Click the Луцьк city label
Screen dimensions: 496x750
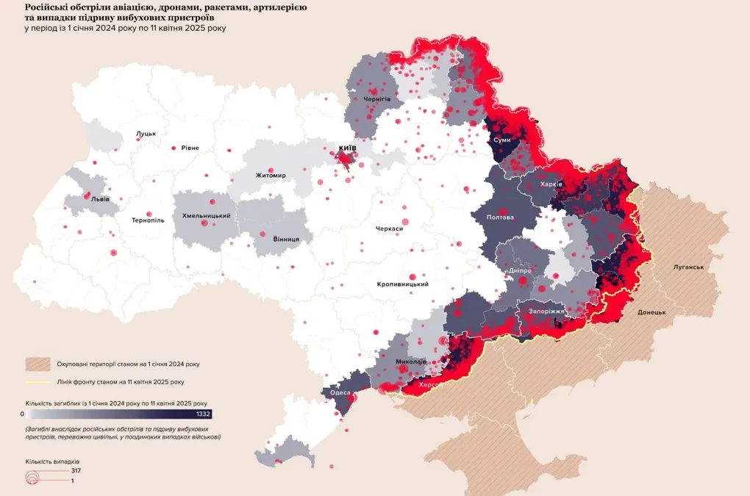click(x=146, y=134)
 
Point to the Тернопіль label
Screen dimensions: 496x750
click(x=148, y=220)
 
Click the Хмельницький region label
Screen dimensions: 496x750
click(x=207, y=216)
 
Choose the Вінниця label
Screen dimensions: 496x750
click(x=286, y=240)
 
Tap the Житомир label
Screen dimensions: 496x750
click(x=271, y=176)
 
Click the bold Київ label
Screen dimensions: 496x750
click(x=347, y=148)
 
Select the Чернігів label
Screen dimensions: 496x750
click(x=376, y=98)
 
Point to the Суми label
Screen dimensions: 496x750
click(x=502, y=140)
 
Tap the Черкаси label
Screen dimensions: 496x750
click(x=389, y=229)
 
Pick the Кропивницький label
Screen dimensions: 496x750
click(x=402, y=284)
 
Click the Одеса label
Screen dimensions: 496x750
click(x=340, y=392)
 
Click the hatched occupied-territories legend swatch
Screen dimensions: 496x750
click(x=37, y=364)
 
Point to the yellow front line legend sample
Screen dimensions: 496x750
click(x=37, y=382)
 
